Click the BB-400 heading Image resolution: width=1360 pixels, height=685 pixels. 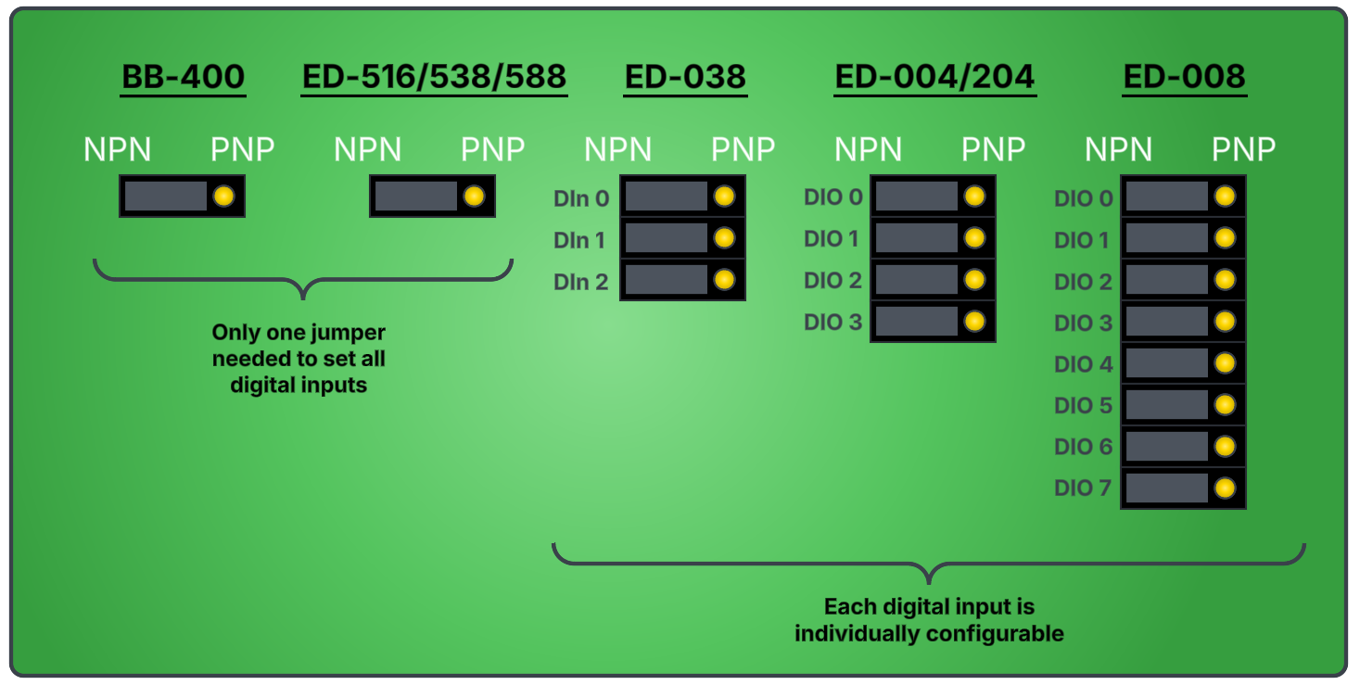[184, 77]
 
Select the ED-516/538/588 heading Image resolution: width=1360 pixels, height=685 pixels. [434, 77]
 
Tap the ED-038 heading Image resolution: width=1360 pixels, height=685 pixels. [685, 77]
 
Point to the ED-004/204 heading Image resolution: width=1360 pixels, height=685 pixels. [934, 77]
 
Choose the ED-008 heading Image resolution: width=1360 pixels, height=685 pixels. [1184, 77]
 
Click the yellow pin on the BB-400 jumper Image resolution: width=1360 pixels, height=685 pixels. [223, 197]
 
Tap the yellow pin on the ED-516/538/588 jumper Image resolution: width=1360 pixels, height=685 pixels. [474, 197]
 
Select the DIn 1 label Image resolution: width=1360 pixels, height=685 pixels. [579, 240]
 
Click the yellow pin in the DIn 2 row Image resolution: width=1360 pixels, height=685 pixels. [724, 280]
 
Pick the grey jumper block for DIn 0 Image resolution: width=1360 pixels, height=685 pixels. [666, 197]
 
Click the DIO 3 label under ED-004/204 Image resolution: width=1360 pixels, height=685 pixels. [833, 322]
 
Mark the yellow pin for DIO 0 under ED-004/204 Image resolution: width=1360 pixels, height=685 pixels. [974, 197]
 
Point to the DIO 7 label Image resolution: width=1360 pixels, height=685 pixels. [1083, 488]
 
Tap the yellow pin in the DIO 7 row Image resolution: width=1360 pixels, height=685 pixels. [1225, 488]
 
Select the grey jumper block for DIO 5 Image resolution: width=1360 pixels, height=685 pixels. [1166, 405]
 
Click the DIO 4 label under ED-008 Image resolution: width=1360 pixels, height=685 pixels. [1083, 364]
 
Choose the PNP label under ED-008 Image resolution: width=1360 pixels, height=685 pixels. [1243, 149]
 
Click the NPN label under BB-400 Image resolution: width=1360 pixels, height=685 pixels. [118, 149]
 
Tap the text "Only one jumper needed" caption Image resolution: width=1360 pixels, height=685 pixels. [299, 359]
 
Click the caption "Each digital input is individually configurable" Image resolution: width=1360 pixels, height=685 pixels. [929, 620]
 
